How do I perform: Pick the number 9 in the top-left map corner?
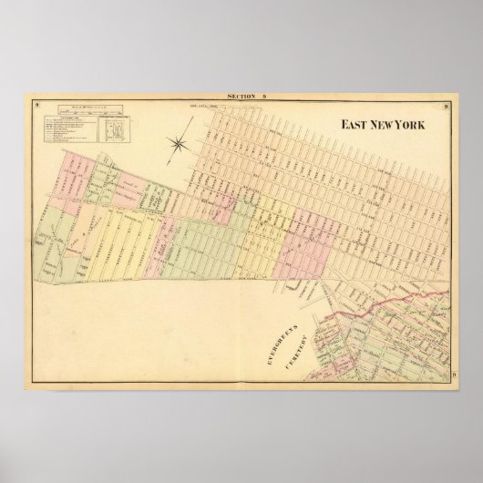click(x=33, y=108)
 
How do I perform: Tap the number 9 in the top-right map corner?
click(x=449, y=108)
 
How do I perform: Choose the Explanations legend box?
click(x=68, y=128)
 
